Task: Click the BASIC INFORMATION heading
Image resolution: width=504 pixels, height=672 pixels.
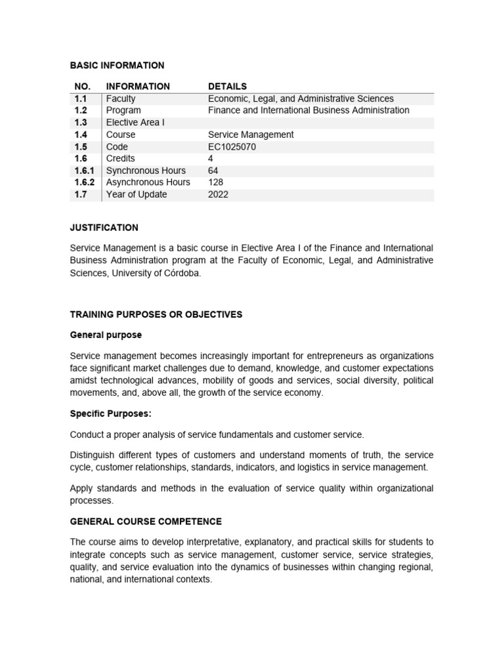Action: (x=117, y=65)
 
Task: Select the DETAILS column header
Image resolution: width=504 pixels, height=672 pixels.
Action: (x=227, y=87)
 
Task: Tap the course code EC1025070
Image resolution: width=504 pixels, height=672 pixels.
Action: (x=232, y=146)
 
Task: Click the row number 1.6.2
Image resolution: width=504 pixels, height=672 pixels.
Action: (x=84, y=182)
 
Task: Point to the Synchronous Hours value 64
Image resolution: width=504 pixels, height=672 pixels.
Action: (x=213, y=171)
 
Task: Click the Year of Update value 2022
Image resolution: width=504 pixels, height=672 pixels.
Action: (x=219, y=194)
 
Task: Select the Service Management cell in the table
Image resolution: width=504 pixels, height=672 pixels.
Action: (x=251, y=135)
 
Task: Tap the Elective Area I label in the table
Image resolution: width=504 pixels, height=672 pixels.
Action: (x=135, y=123)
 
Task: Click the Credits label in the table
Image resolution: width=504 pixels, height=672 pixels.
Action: (x=120, y=158)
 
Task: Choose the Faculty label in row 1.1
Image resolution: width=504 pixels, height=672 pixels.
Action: (x=121, y=98)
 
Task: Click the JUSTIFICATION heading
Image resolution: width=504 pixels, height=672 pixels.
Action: (x=104, y=228)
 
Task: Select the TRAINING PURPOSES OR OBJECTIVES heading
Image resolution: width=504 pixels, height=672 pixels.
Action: (x=156, y=314)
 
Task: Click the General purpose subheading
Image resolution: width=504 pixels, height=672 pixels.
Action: (x=106, y=335)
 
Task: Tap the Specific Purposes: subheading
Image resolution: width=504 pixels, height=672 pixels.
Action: (x=110, y=414)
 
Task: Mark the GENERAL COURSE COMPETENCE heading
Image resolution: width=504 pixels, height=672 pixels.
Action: (x=146, y=522)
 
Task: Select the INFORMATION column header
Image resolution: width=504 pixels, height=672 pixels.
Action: (x=138, y=87)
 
